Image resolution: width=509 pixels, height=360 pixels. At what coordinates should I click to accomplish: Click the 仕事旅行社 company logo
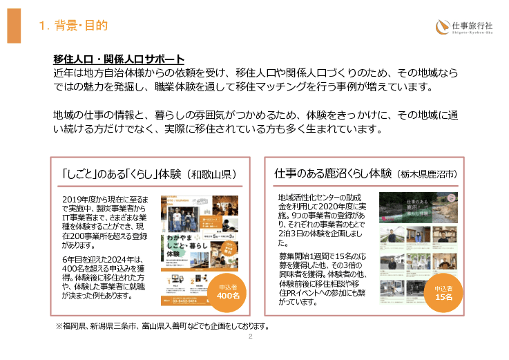coord(464,27)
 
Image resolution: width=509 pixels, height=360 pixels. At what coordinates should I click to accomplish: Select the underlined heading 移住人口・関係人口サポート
coord(119,59)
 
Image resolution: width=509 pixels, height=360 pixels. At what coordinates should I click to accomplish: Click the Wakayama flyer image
coord(195,250)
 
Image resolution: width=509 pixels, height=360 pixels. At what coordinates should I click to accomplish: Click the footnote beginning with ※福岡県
coord(162,326)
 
